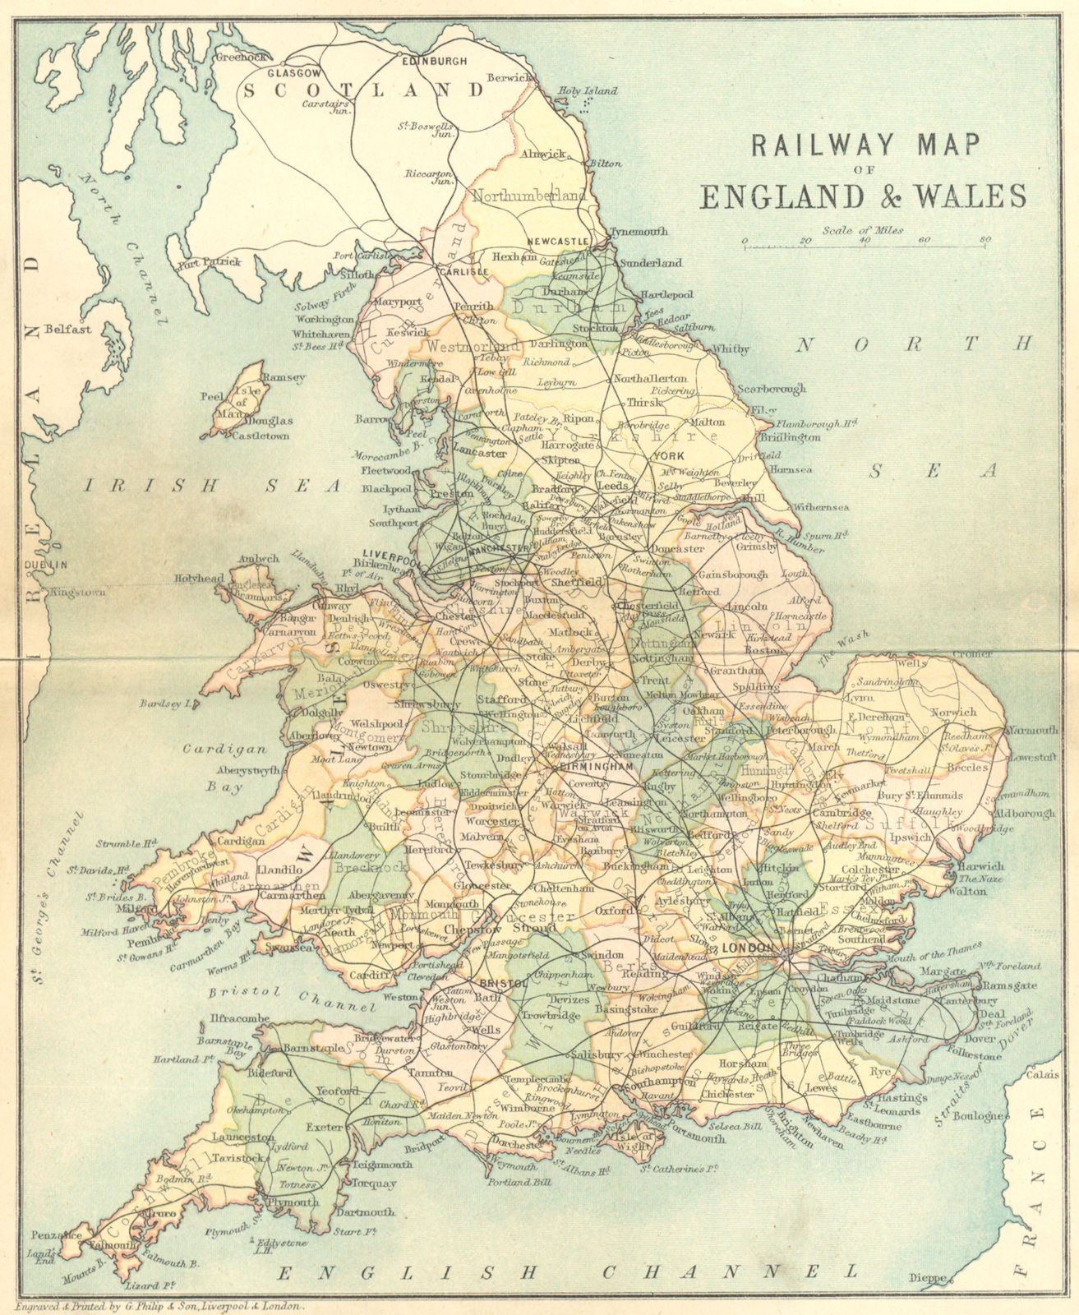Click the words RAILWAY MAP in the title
click(862, 145)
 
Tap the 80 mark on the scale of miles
click(984, 240)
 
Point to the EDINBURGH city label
click(433, 61)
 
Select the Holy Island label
click(588, 91)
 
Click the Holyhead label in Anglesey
click(198, 579)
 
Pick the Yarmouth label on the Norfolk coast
click(1033, 730)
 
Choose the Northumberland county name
click(530, 196)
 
